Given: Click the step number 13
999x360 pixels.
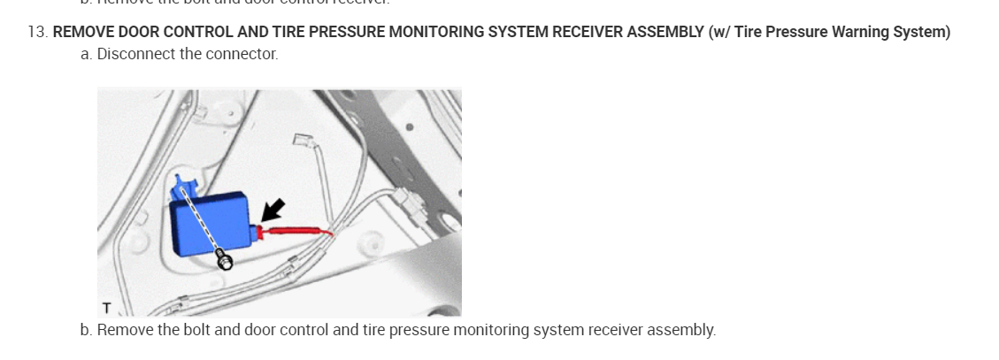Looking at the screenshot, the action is [x=37, y=33].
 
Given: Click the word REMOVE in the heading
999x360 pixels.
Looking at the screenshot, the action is [x=81, y=33].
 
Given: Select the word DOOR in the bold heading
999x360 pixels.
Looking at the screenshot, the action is [x=136, y=33].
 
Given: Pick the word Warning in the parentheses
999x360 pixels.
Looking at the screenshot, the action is [x=860, y=33].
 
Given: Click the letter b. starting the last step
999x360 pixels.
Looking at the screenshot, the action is [x=86, y=330].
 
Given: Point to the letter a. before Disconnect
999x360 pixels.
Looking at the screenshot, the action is [x=86, y=54].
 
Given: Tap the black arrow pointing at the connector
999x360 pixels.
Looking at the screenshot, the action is [x=273, y=210].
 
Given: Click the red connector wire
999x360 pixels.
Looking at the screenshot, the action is [x=296, y=232].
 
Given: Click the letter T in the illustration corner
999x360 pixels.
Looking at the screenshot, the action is [x=106, y=308].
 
